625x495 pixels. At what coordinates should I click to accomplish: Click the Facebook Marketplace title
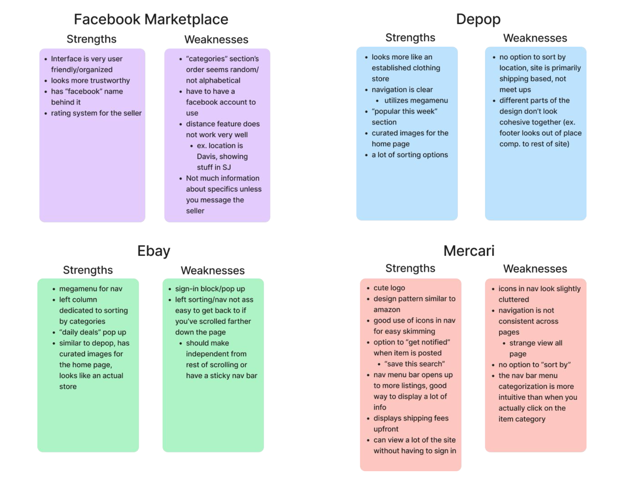[151, 19]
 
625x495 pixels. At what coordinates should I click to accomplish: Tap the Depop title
[478, 19]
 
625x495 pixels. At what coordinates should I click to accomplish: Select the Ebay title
[154, 251]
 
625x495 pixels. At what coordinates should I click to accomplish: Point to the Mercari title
[469, 251]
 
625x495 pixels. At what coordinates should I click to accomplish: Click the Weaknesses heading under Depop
[535, 38]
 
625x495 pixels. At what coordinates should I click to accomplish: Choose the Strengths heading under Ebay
[88, 270]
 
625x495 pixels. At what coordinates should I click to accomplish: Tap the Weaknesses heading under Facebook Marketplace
[216, 40]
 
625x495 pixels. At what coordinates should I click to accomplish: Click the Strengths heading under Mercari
[410, 268]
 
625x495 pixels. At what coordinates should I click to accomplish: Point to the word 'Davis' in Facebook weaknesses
[207, 157]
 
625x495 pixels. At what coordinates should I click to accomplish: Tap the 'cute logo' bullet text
[389, 288]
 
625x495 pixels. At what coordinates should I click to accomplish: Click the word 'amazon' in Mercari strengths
[387, 310]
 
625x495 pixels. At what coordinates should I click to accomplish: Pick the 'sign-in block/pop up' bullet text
[210, 289]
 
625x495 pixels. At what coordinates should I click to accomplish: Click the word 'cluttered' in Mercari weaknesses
[514, 299]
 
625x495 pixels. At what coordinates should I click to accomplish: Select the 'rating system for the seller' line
[96, 113]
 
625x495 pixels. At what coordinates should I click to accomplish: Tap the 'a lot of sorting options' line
[410, 155]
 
